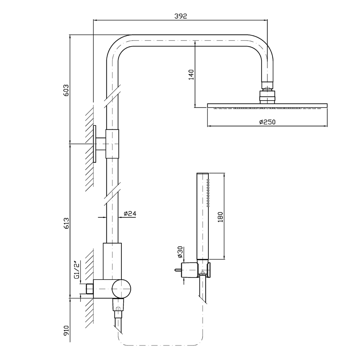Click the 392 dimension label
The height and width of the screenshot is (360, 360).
tap(181, 16)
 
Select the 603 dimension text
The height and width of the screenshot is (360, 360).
tap(66, 90)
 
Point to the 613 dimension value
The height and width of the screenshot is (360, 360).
tap(66, 223)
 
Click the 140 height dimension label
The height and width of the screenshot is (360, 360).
tap(191, 74)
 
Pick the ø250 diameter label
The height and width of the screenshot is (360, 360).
tap(267, 122)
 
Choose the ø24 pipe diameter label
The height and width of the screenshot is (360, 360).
tap(130, 214)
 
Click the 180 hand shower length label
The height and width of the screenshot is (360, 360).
tap(220, 217)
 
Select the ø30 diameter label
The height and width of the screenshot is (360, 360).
tap(180, 252)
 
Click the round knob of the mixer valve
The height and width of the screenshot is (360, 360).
tap(121, 289)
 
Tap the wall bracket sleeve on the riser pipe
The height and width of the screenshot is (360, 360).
tap(112, 144)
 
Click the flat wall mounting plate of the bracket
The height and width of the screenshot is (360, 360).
tap(95, 144)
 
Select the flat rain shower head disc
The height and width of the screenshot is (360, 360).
tap(267, 105)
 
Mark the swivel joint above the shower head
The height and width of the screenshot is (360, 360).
tap(267, 92)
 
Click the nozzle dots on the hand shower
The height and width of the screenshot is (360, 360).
tap(208, 193)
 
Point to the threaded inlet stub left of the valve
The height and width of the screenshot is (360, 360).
tap(89, 289)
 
